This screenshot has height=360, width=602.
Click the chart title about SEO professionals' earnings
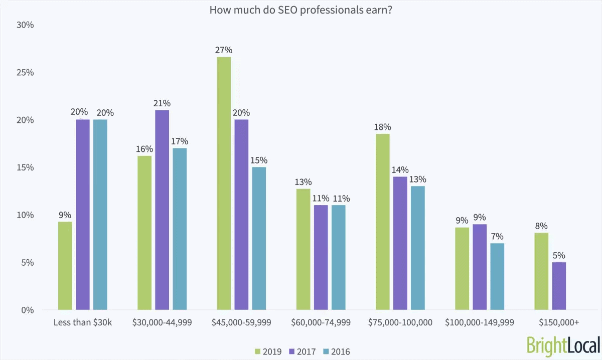[301, 10]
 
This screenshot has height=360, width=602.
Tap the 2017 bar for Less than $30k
[83, 215]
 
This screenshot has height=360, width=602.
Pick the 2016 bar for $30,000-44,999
[180, 229]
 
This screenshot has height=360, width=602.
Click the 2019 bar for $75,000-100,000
[382, 222]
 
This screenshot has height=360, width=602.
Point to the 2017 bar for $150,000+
[559, 286]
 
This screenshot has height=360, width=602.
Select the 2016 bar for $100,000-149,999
[497, 276]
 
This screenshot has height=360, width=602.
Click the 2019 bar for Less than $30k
[65, 266]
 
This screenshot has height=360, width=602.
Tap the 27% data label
[224, 50]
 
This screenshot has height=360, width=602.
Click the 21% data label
[162, 103]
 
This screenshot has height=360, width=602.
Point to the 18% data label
[382, 126]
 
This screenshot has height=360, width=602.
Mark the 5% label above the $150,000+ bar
[559, 255]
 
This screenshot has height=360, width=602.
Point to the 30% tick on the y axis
[25, 25]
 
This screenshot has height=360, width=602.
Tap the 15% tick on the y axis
[25, 167]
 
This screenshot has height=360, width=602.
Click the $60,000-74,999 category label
[321, 322]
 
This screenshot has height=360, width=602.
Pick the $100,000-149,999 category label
[479, 322]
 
